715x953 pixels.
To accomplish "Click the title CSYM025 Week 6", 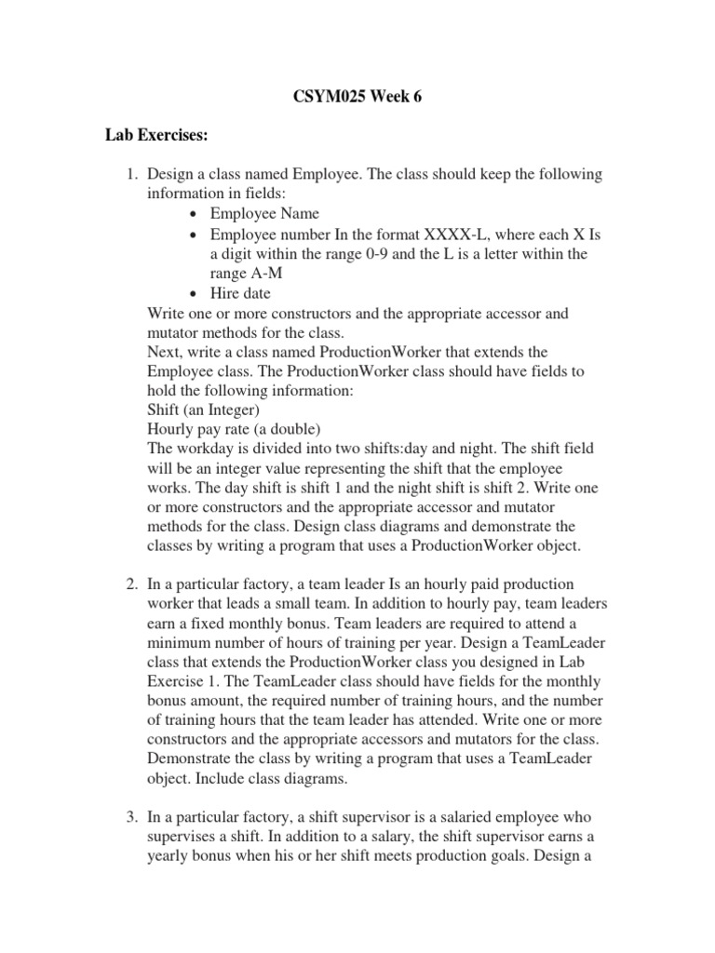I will (x=357, y=96).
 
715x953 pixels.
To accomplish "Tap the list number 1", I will (x=131, y=175).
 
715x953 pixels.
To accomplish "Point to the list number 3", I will (x=131, y=818).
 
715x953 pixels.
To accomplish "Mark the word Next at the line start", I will (x=165, y=352).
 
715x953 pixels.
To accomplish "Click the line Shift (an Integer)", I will (x=204, y=409).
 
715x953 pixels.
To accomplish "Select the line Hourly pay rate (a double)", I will (x=234, y=429).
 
